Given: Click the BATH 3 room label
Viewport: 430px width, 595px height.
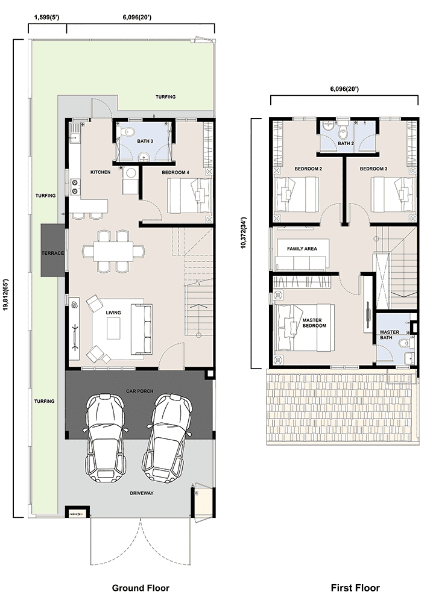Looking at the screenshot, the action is (145, 141).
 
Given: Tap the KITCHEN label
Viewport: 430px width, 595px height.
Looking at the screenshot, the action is (100, 172).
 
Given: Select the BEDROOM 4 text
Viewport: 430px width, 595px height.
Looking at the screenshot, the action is (175, 173).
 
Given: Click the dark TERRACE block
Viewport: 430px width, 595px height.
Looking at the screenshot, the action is (53, 250).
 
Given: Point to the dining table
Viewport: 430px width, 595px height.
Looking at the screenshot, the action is (113, 251).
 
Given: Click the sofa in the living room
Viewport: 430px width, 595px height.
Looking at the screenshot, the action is (142, 329).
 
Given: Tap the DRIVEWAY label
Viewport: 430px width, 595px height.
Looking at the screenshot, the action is (142, 493).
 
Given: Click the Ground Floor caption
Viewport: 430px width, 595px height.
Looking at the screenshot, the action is (141, 588).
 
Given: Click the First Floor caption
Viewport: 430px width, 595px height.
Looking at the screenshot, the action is (355, 588).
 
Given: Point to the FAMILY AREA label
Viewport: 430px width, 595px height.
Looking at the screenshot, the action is (302, 249).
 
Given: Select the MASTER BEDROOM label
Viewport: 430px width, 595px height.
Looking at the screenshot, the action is (314, 323).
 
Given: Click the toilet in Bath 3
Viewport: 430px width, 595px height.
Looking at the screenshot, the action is (128, 132).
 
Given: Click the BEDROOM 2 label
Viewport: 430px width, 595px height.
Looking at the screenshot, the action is (308, 169).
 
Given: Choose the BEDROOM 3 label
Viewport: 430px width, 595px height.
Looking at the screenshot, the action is (374, 169).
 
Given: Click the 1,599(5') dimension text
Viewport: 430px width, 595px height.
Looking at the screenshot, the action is (46, 17).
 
